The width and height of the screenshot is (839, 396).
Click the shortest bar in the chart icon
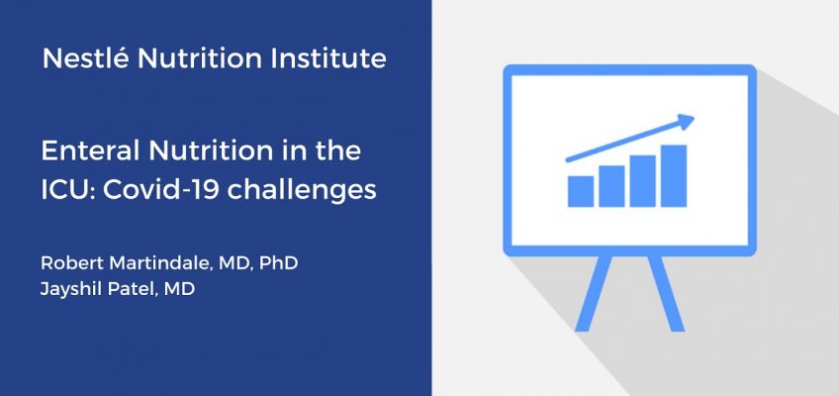click(x=581, y=191)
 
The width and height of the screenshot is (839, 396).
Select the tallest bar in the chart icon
click(x=674, y=175)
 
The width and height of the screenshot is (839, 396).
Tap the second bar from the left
click(x=611, y=186)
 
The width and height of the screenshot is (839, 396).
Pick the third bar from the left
click(x=643, y=181)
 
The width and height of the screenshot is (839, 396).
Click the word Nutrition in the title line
click(x=210, y=151)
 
